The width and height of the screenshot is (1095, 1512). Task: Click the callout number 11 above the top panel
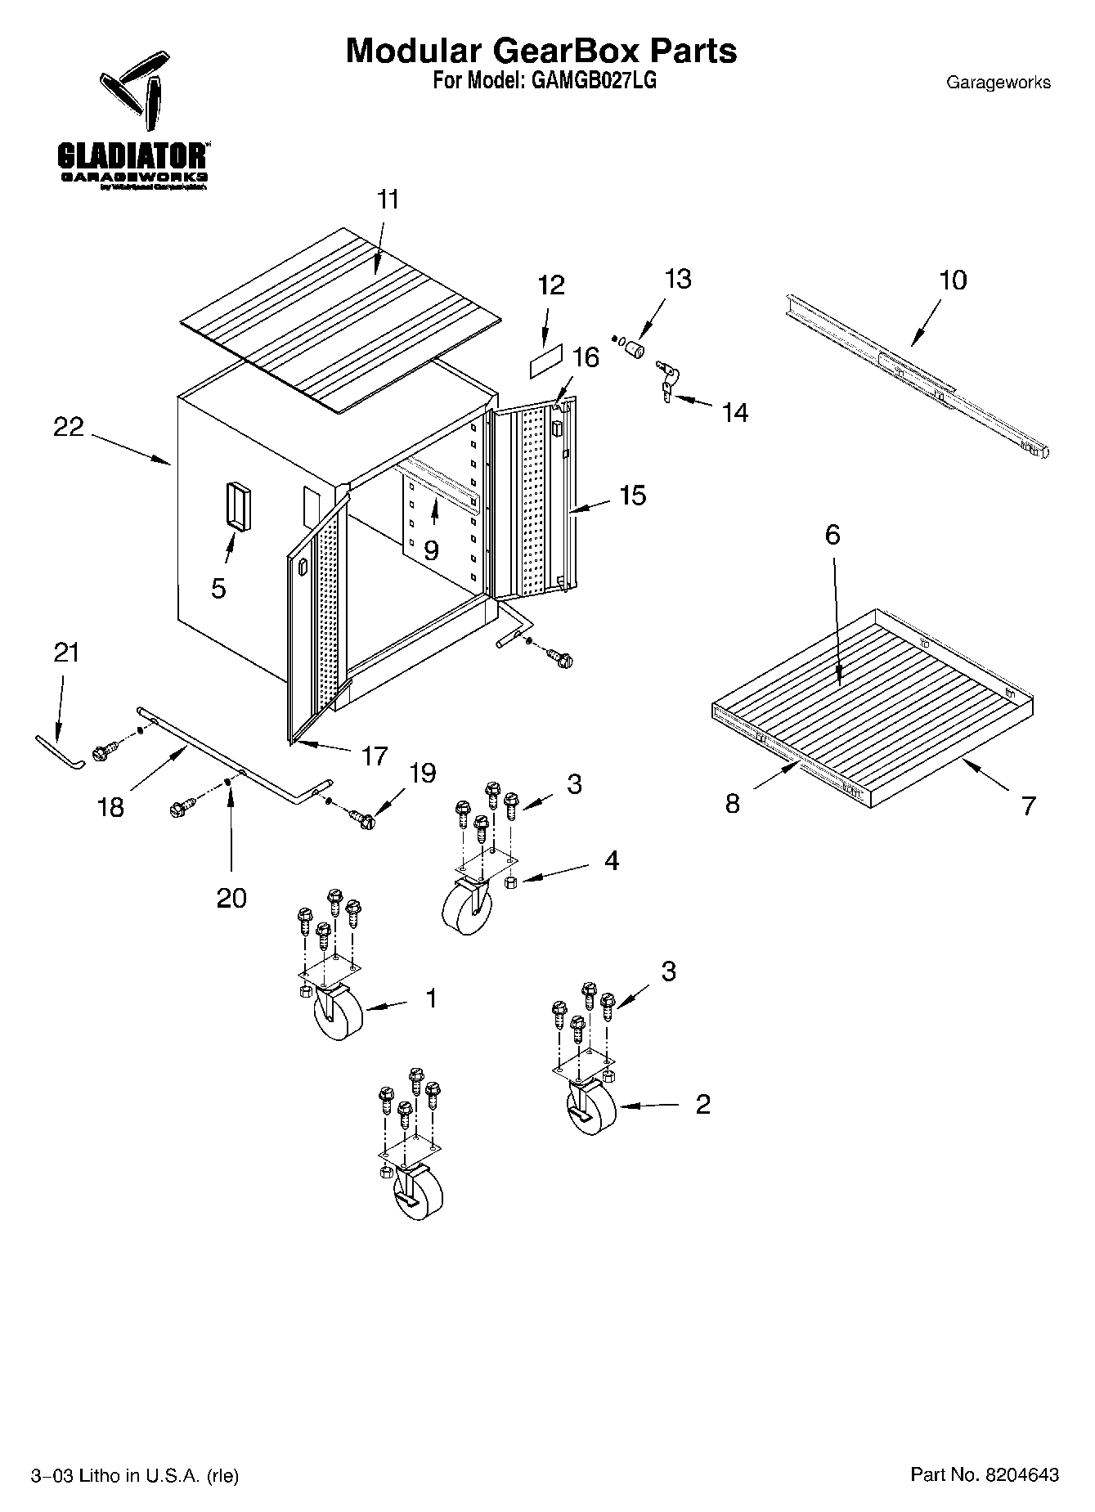point(388,200)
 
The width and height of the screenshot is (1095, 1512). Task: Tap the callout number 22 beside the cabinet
point(69,427)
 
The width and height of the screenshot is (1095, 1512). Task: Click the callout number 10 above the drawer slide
point(953,280)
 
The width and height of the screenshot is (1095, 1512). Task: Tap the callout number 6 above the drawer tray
point(832,535)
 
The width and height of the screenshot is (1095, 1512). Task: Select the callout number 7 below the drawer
point(1028,805)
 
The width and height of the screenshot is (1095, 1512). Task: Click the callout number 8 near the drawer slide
point(733,803)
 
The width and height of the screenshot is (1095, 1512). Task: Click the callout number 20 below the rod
point(231,898)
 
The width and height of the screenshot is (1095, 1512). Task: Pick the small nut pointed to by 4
point(510,882)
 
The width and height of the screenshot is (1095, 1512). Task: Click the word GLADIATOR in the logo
point(131,155)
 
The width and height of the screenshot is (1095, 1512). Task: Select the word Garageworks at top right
point(998,83)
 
